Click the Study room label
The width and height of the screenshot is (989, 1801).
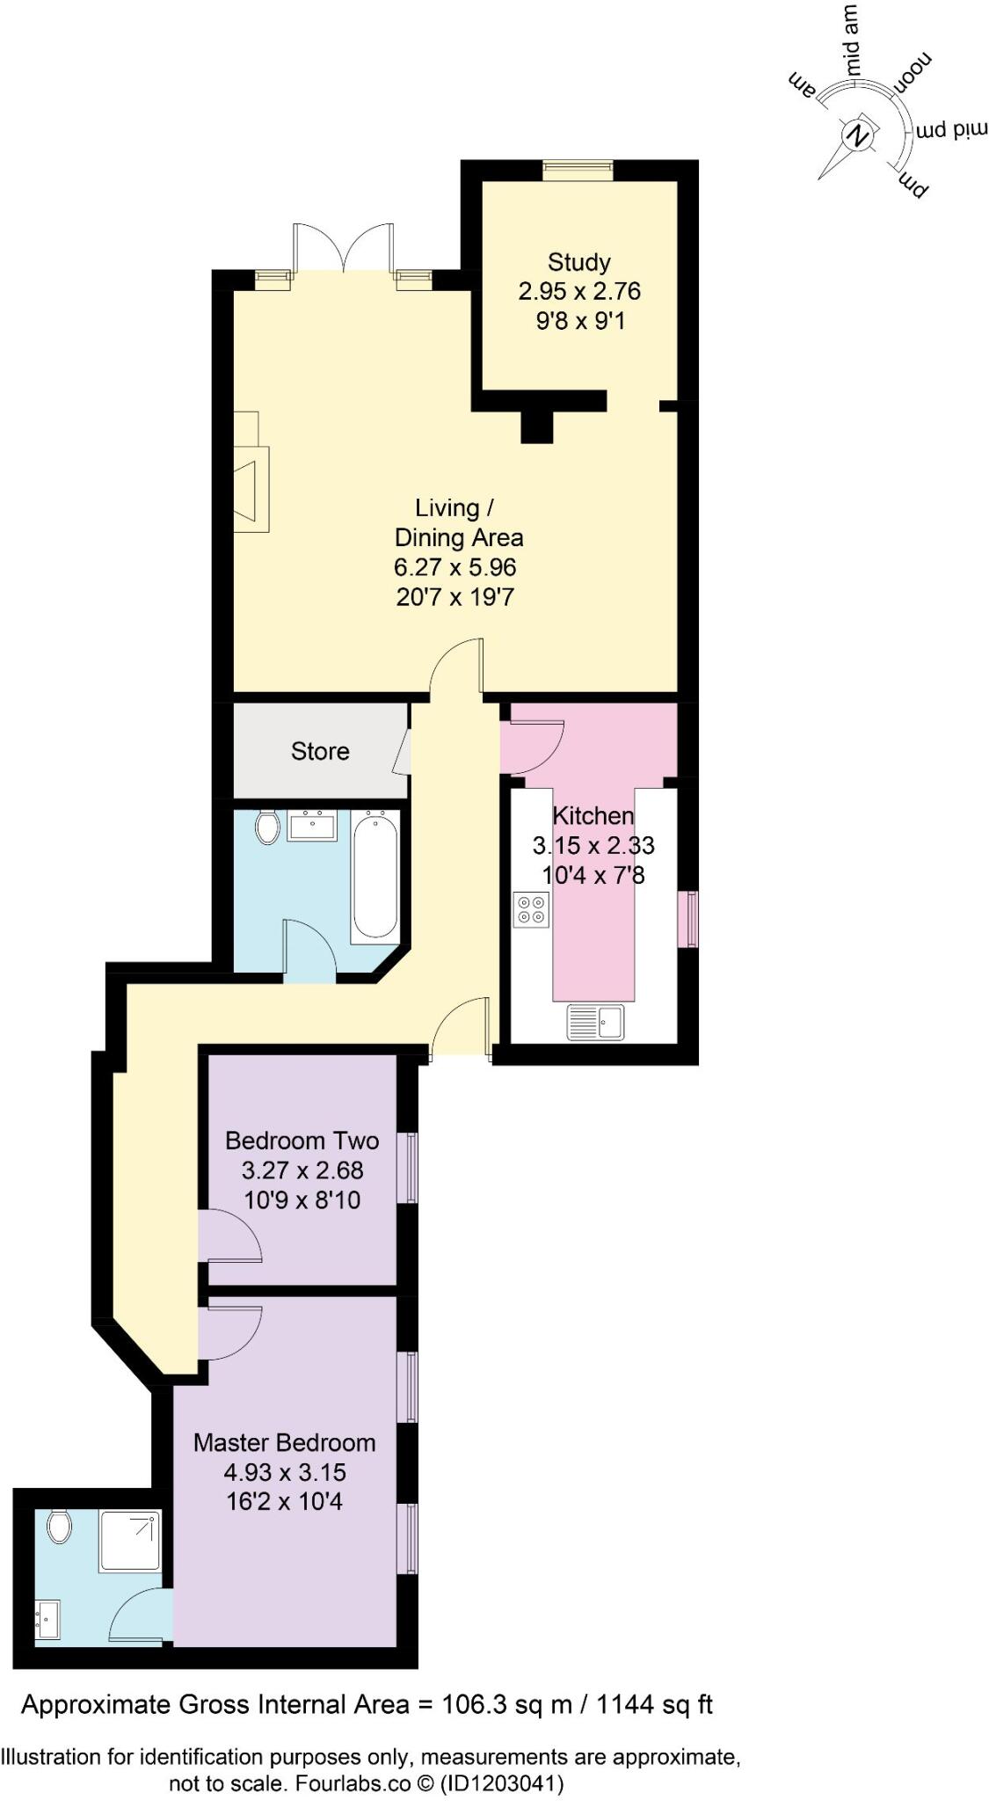pyautogui.click(x=578, y=262)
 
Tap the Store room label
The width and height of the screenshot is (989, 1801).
pyautogui.click(x=320, y=751)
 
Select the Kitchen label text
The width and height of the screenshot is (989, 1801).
pyautogui.click(x=593, y=815)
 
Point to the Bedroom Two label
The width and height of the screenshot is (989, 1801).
pyautogui.click(x=302, y=1141)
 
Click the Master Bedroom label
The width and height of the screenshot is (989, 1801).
pyautogui.click(x=284, y=1442)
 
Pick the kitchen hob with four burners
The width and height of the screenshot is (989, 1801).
pyautogui.click(x=531, y=909)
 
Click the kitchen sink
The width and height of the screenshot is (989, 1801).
pyautogui.click(x=595, y=1022)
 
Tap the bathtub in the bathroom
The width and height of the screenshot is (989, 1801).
pyautogui.click(x=375, y=878)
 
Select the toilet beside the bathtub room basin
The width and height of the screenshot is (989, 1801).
pyautogui.click(x=267, y=827)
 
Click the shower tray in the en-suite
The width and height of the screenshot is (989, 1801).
pyautogui.click(x=130, y=1541)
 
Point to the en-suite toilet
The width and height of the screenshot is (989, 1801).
pyautogui.click(x=59, y=1527)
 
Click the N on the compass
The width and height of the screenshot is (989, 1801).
pyautogui.click(x=857, y=136)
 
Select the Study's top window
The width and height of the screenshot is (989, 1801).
pyautogui.click(x=577, y=170)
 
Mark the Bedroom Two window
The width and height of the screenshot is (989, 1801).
pyautogui.click(x=409, y=1167)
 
